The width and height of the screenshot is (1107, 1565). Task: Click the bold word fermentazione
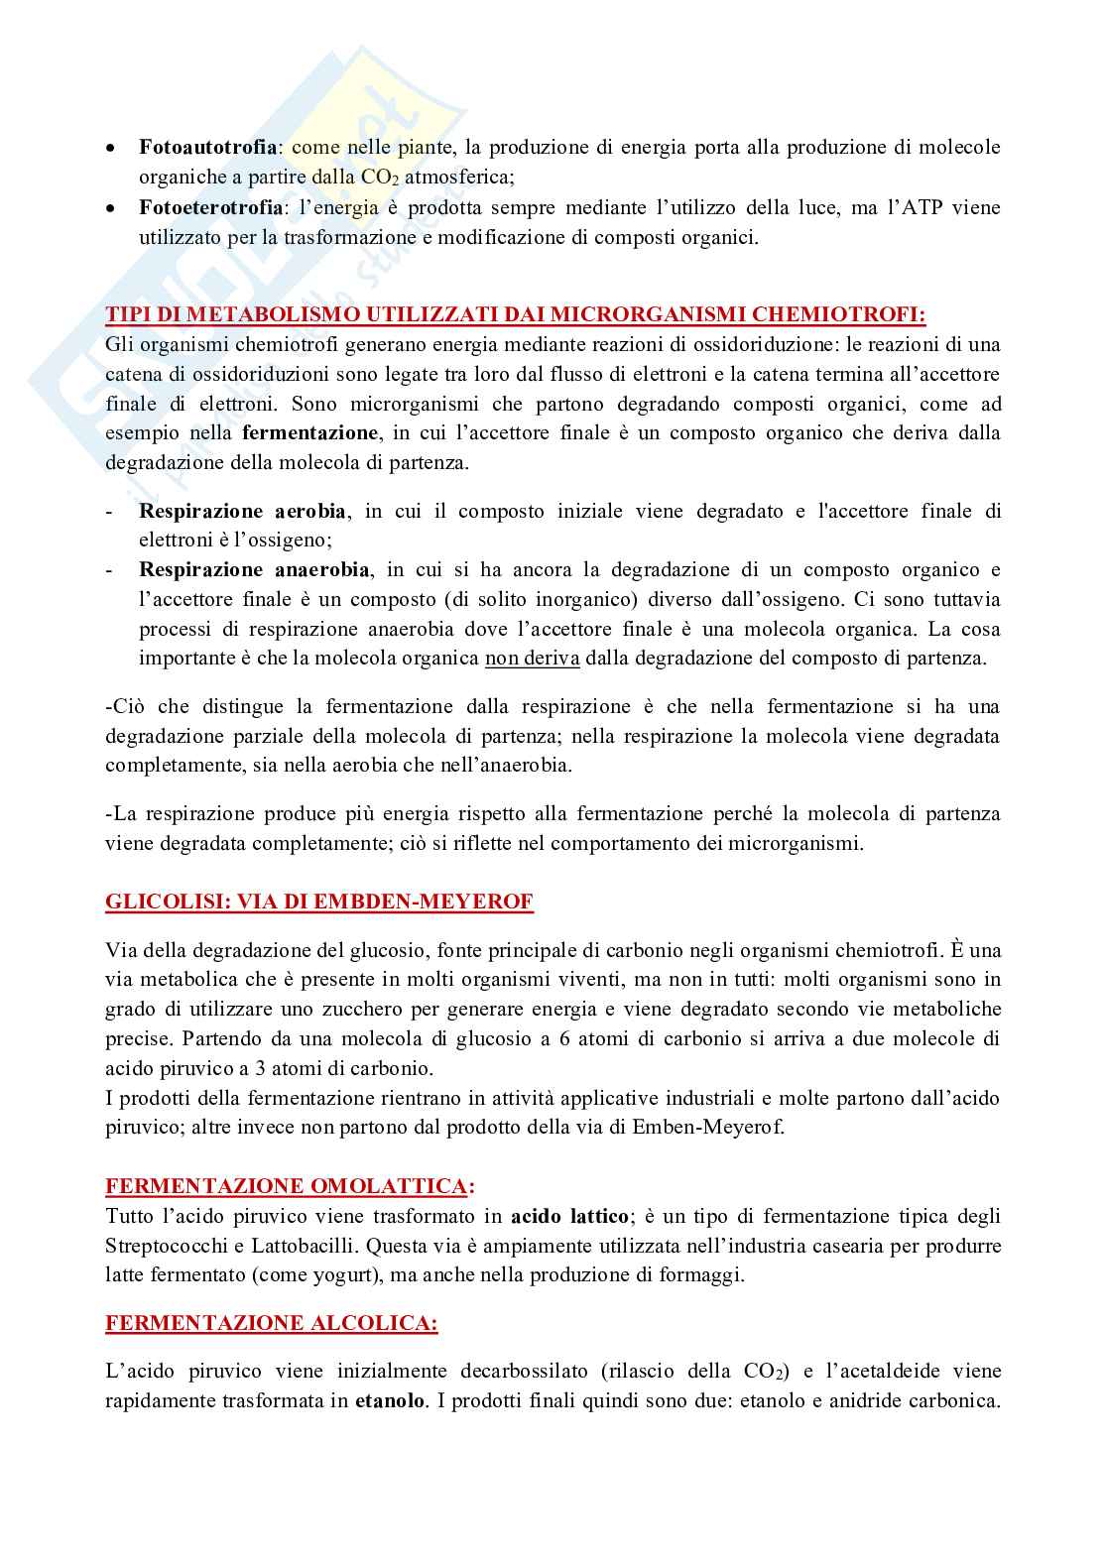click(x=309, y=433)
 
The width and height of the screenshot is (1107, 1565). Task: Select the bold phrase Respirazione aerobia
click(x=243, y=512)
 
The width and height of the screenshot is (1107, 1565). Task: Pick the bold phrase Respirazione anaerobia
click(x=255, y=570)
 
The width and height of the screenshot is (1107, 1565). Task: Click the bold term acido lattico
click(x=569, y=1216)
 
